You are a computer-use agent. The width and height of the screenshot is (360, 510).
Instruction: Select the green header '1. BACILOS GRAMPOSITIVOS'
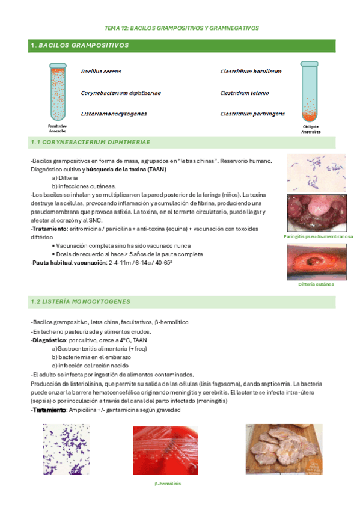81,45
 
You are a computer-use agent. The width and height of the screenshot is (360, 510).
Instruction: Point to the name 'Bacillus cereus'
101,71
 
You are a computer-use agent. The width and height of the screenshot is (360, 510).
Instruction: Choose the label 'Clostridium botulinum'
251,71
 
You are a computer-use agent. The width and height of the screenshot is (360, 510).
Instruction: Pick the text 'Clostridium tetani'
244,93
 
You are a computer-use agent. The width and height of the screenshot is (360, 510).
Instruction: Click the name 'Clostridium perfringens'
252,113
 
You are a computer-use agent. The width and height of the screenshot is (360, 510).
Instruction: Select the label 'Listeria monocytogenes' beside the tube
114,113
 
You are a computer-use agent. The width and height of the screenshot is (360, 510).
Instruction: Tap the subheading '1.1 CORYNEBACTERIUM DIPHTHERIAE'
90,142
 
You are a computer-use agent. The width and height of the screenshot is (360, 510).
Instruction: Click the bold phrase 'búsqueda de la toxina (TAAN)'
126,170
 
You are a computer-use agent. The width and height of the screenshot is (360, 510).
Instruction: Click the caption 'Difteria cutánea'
316,284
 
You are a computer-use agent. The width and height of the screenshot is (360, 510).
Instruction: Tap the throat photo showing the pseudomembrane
316,212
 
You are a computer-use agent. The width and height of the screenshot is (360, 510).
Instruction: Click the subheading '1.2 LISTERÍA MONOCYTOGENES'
80,301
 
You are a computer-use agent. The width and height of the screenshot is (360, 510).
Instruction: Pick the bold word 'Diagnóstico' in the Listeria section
49,340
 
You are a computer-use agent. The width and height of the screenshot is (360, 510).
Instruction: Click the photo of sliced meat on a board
284,449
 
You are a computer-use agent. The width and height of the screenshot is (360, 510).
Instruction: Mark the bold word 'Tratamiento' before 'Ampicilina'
49,410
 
